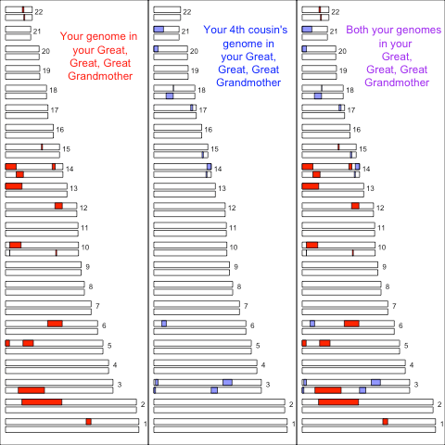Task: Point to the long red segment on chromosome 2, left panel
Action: [42, 401]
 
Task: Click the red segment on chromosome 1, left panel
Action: [88, 422]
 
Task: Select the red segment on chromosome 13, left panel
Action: [13, 186]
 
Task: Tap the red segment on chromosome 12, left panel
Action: [58, 206]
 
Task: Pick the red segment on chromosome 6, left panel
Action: [55, 323]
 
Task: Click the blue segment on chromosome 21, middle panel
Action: [159, 31]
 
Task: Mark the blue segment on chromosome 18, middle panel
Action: [170, 95]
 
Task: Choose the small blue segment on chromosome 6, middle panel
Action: [164, 323]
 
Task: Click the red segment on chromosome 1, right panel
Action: [385, 422]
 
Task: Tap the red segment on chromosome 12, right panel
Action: [355, 206]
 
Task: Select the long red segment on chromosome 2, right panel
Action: [338, 401]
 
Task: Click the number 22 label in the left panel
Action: [39, 12]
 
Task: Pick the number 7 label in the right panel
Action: [394, 305]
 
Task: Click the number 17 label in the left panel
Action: [55, 109]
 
